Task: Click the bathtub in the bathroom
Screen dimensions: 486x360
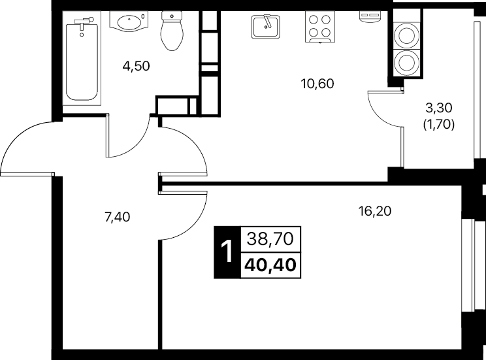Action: pos(82,58)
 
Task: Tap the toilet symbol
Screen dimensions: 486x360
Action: pos(172,31)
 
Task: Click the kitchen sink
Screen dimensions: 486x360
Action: pos(265,27)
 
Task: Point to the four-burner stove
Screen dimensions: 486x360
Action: pos(320,27)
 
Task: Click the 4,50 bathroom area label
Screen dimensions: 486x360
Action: pos(136,66)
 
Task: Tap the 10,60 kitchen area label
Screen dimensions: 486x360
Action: pos(317,84)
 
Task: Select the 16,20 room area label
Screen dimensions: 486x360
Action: pos(375,212)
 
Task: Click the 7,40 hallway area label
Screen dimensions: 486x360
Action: pos(118,217)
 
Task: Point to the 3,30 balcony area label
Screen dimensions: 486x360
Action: pos(439,108)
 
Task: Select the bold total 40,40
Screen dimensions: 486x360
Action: pos(270,265)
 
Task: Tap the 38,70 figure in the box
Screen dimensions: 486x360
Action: pos(270,239)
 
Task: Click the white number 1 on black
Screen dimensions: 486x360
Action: pos(227,252)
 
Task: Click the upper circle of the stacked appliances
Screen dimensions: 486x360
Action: pos(405,36)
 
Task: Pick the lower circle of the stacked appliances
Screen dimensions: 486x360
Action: pos(405,62)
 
